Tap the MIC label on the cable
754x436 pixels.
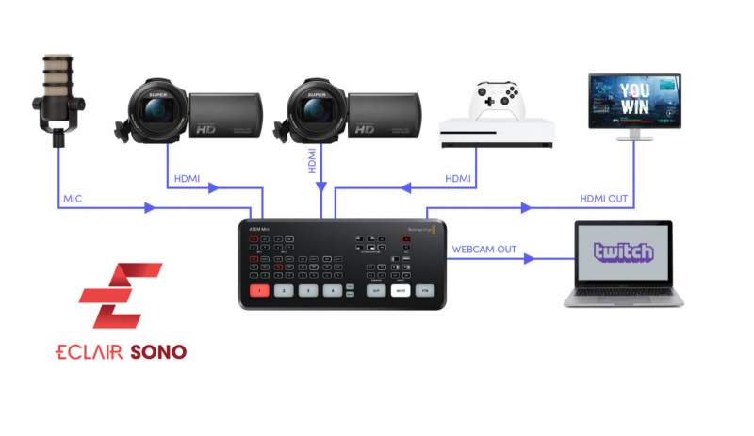click(x=74, y=199)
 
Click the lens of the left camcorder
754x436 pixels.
click(x=156, y=112)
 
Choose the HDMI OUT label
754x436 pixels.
click(x=604, y=199)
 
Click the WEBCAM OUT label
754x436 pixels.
click(x=484, y=249)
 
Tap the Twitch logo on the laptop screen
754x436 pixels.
click(x=623, y=251)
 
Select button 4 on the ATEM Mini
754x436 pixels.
click(x=331, y=290)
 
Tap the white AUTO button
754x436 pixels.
click(x=401, y=291)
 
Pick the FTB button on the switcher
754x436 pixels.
click(x=426, y=291)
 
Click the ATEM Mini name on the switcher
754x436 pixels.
click(x=257, y=229)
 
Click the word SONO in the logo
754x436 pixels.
click(x=158, y=352)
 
